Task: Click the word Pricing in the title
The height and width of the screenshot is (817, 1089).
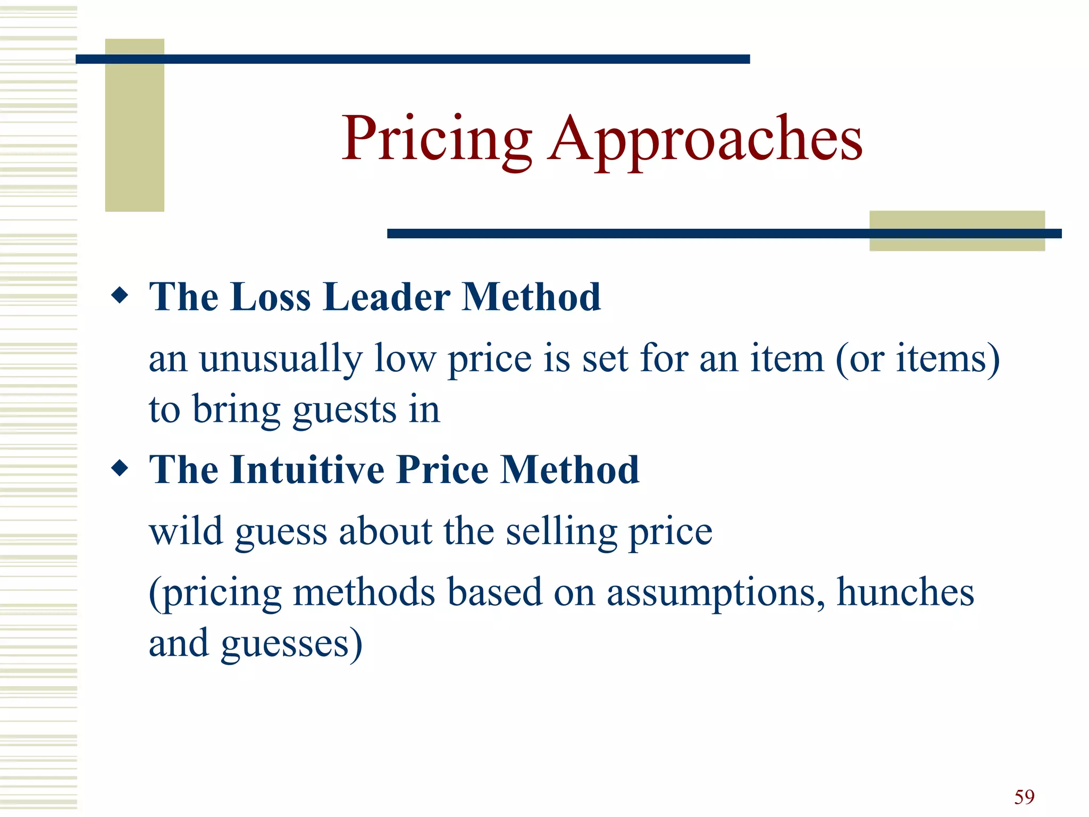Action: [436, 139]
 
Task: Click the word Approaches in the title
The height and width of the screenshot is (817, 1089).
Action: [705, 139]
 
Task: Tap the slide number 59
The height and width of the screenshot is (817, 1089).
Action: [1024, 797]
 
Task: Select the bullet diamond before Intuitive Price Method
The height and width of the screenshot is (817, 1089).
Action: [120, 468]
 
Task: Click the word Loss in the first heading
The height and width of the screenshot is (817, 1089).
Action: [271, 297]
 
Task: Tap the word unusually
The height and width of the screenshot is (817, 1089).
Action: [280, 360]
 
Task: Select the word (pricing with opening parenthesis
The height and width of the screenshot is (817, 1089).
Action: [215, 594]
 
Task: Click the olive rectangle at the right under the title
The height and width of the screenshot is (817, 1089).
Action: [957, 231]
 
